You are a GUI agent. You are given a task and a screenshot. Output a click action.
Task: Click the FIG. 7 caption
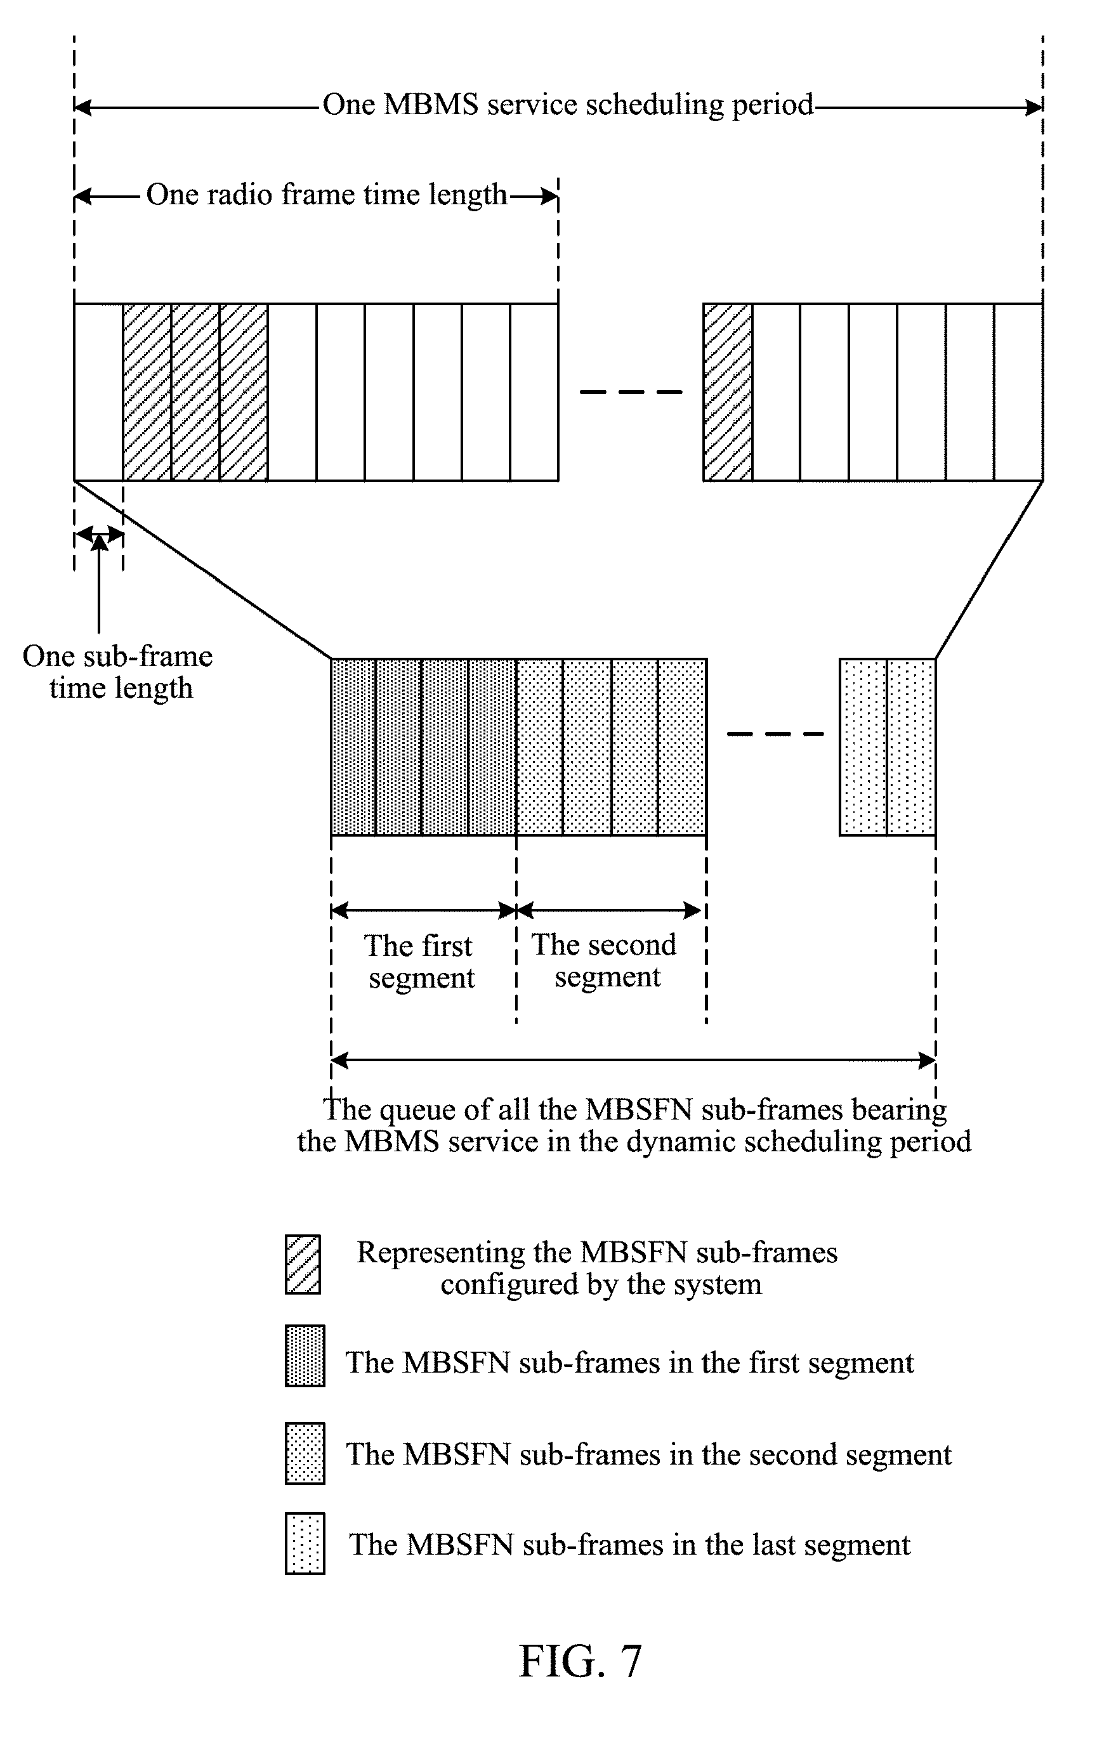(580, 1661)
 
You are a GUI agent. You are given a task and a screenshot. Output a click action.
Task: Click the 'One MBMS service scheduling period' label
(567, 105)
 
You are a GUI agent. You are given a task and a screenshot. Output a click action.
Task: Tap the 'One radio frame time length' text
(326, 195)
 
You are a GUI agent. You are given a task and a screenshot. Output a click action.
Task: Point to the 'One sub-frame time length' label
(117, 671)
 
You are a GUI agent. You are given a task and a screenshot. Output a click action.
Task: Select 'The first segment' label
(420, 962)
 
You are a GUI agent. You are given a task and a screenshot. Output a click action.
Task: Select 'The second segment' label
(605, 960)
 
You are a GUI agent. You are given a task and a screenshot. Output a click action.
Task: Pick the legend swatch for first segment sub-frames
(305, 1356)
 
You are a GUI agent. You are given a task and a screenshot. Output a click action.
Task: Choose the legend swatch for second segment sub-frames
(305, 1453)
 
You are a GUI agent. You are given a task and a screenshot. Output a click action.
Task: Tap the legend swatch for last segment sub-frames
(305, 1544)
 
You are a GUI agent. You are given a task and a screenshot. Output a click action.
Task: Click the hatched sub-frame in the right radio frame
(728, 392)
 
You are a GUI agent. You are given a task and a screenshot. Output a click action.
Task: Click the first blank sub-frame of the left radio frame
(99, 392)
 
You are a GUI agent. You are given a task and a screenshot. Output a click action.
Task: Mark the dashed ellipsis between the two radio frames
(631, 392)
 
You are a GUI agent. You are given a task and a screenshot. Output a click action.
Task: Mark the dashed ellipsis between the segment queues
(775, 734)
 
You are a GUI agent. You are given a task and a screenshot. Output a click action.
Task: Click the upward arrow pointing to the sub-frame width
(99, 585)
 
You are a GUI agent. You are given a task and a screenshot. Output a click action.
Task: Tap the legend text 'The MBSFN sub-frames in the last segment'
(629, 1544)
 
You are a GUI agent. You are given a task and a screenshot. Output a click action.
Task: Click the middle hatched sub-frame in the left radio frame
(195, 392)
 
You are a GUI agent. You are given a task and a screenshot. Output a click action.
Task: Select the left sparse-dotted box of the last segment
(863, 747)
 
